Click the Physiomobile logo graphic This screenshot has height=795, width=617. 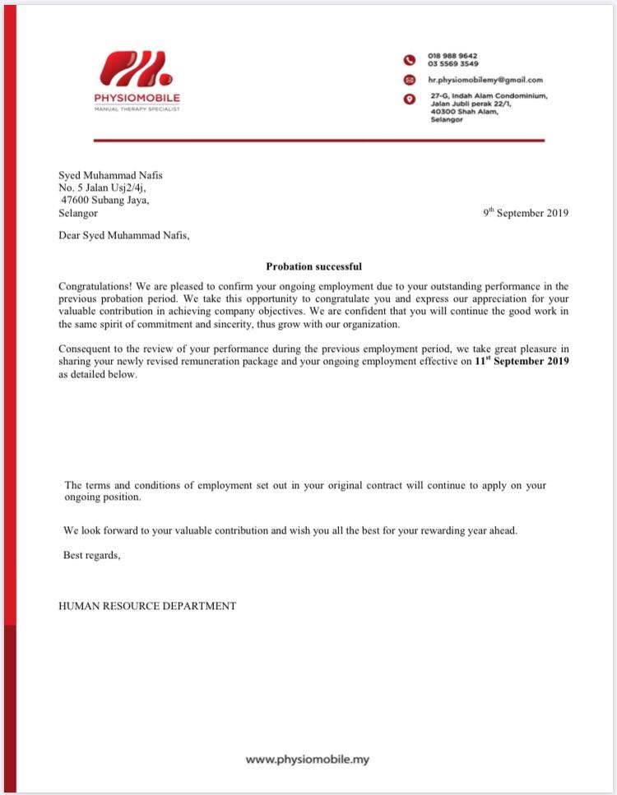[137, 68]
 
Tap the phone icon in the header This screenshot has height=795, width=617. [409, 60]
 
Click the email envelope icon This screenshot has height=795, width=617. [409, 80]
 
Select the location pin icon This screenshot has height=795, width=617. [409, 99]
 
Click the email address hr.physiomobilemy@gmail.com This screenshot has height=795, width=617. [485, 80]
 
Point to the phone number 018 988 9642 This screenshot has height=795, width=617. [452, 56]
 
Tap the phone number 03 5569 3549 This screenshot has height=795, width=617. [452, 63]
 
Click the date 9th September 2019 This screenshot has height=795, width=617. [526, 213]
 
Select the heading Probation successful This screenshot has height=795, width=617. [313, 266]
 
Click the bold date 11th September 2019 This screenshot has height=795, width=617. [522, 361]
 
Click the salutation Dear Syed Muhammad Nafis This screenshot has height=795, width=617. [123, 235]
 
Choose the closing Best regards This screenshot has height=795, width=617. [91, 555]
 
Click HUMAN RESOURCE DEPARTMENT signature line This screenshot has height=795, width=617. [147, 606]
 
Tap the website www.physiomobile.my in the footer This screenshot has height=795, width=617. [308, 760]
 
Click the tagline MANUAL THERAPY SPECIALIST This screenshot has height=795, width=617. [137, 109]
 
